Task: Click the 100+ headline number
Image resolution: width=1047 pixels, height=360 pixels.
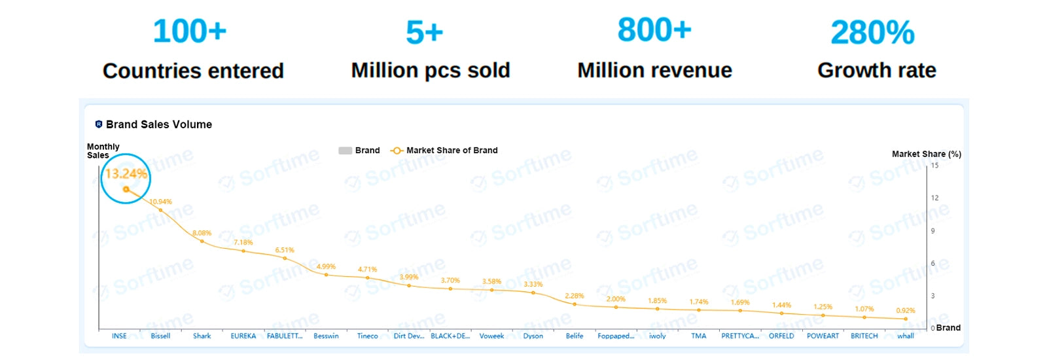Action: click(190, 31)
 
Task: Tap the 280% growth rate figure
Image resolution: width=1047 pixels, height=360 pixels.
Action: click(872, 33)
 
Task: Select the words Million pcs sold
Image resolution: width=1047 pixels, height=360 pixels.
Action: click(430, 70)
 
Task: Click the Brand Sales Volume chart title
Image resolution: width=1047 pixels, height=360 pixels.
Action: click(158, 124)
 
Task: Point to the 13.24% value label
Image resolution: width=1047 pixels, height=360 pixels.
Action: click(126, 173)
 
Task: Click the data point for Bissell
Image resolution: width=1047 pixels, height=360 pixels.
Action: click(161, 210)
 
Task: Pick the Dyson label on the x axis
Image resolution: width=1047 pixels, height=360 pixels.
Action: click(533, 336)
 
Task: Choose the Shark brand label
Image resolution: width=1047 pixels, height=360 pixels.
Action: click(202, 336)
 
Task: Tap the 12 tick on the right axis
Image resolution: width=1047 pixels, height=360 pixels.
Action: click(934, 198)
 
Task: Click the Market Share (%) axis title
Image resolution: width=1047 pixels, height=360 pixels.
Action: click(926, 154)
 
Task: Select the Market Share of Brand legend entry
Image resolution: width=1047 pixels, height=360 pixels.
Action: click(452, 151)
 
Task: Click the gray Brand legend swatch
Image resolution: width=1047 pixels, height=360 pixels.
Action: click(345, 151)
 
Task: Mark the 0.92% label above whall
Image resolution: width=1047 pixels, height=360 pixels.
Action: click(905, 310)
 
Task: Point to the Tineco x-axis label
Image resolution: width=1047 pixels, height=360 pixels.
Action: click(367, 336)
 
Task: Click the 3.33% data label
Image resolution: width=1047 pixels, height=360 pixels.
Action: click(533, 284)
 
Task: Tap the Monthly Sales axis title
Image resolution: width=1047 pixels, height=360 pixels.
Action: click(103, 151)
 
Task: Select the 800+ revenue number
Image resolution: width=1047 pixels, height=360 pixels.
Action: click(654, 30)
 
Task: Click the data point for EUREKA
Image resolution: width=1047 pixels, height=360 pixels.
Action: click(243, 251)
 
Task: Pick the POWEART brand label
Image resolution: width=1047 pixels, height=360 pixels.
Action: click(823, 336)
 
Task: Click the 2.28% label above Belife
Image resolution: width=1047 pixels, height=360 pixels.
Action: click(574, 296)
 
